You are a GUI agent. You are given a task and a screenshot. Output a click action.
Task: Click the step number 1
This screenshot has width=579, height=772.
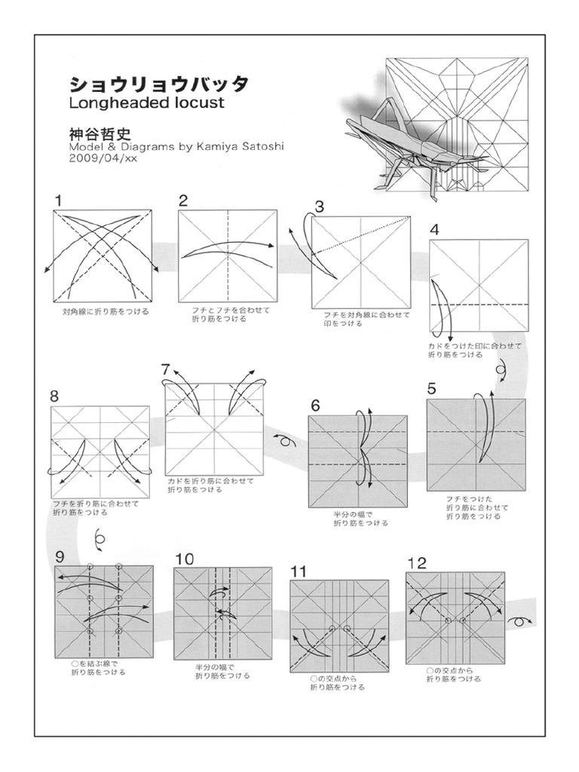pos(58,200)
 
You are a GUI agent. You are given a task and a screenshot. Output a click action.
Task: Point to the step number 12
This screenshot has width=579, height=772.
pos(416,562)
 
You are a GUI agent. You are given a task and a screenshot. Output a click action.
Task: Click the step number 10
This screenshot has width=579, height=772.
pos(184,558)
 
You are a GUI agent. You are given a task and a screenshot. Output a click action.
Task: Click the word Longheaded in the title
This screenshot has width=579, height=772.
pos(114,103)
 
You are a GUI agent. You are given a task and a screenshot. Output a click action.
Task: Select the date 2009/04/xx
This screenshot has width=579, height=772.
pos(103,158)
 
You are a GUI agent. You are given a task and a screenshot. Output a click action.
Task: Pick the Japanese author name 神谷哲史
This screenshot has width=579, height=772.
pos(100,132)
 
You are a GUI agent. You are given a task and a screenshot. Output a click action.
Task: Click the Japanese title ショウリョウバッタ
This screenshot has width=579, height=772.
pos(158,82)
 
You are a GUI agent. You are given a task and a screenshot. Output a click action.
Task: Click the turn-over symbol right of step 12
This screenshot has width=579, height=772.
pos(518,620)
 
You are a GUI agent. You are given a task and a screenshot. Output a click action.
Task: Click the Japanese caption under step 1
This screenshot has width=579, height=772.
pos(105,311)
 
